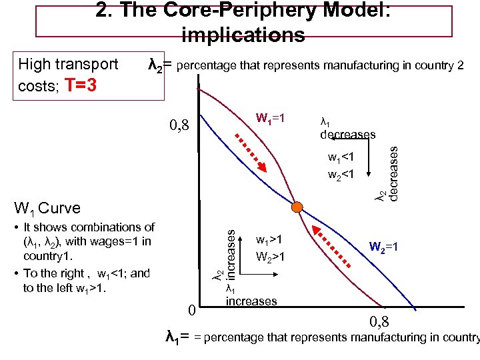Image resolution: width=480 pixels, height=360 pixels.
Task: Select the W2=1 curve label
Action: pyautogui.click(x=384, y=247)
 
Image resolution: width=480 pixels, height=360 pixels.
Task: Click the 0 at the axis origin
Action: pyautogui.click(x=191, y=310)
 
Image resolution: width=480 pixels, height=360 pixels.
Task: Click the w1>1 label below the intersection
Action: pyautogui.click(x=269, y=239)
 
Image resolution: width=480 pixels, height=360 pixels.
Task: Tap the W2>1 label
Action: pyautogui.click(x=269, y=255)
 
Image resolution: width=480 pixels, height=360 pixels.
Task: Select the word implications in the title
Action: pyautogui.click(x=243, y=35)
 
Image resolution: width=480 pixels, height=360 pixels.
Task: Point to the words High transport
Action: pyautogui.click(x=68, y=65)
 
